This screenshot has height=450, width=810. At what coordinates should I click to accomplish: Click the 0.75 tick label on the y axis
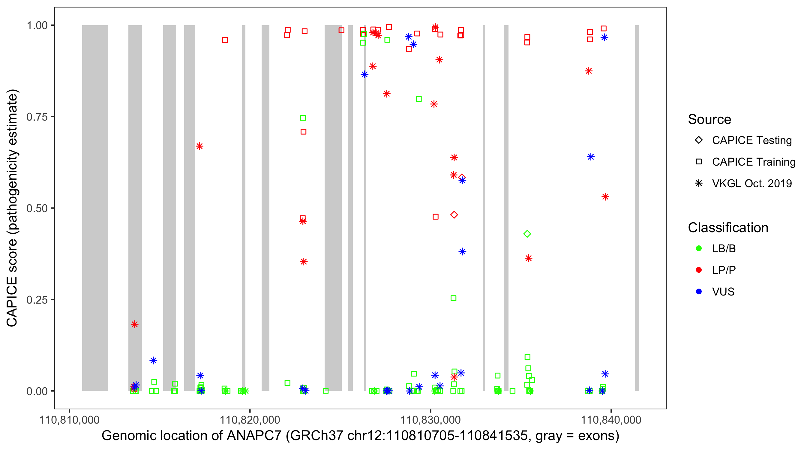pyautogui.click(x=37, y=117)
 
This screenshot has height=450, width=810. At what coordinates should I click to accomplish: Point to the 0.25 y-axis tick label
pyautogui.click(x=37, y=300)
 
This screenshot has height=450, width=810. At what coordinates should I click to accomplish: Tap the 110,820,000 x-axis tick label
pyautogui.click(x=250, y=420)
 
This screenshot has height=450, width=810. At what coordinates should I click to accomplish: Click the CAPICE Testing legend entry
pyautogui.click(x=751, y=140)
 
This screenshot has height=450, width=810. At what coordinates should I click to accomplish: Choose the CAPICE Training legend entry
pyautogui.click(x=753, y=162)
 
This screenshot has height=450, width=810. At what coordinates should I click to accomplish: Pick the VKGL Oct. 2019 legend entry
pyautogui.click(x=751, y=184)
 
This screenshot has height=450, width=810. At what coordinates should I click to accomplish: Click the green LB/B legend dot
pyautogui.click(x=699, y=248)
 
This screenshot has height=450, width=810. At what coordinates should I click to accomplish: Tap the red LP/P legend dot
pyautogui.click(x=699, y=270)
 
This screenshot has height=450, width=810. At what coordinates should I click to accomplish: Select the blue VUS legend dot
pyautogui.click(x=699, y=292)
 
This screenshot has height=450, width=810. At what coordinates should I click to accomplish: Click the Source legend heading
pyautogui.click(x=709, y=119)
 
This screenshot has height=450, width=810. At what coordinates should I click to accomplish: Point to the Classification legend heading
pyautogui.click(x=728, y=228)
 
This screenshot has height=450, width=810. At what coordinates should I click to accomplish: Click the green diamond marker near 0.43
pyautogui.click(x=527, y=234)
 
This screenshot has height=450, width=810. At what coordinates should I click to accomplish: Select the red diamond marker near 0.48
pyautogui.click(x=454, y=215)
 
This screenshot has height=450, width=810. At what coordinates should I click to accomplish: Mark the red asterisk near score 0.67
pyautogui.click(x=199, y=146)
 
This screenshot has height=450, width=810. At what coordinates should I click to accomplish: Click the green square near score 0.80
pyautogui.click(x=419, y=99)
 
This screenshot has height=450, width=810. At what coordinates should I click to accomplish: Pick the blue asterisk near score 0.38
pyautogui.click(x=462, y=252)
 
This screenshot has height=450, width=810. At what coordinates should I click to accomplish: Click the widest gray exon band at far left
pyautogui.click(x=95, y=208)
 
